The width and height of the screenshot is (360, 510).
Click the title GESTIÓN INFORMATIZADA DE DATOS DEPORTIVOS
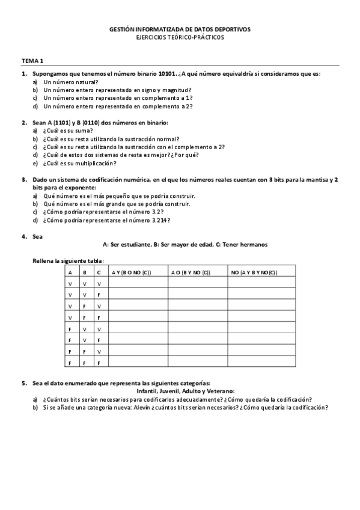click(x=180, y=28)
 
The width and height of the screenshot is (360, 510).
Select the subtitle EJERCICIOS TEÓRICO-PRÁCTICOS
click(x=180, y=37)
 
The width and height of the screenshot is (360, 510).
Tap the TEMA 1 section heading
click(x=32, y=61)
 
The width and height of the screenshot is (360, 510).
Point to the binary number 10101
click(x=168, y=73)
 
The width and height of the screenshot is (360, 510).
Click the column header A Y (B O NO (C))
click(x=131, y=272)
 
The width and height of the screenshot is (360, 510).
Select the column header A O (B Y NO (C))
click(x=190, y=272)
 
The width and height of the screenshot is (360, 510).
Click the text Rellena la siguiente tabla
click(x=68, y=260)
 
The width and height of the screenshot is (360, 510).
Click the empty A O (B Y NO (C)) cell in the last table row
click(x=198, y=363)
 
